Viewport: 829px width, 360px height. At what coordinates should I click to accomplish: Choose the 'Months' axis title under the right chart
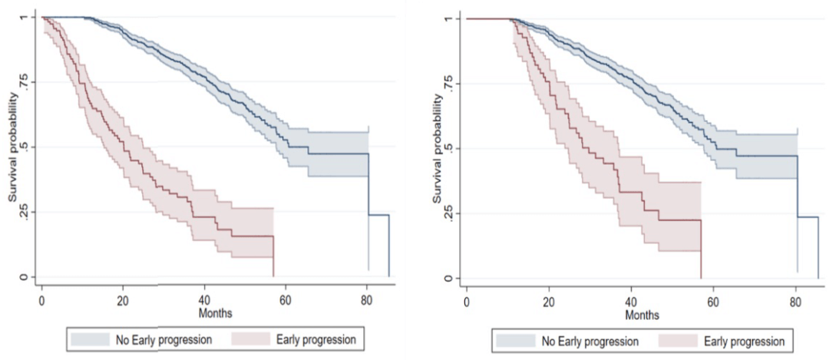pyautogui.click(x=642, y=315)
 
